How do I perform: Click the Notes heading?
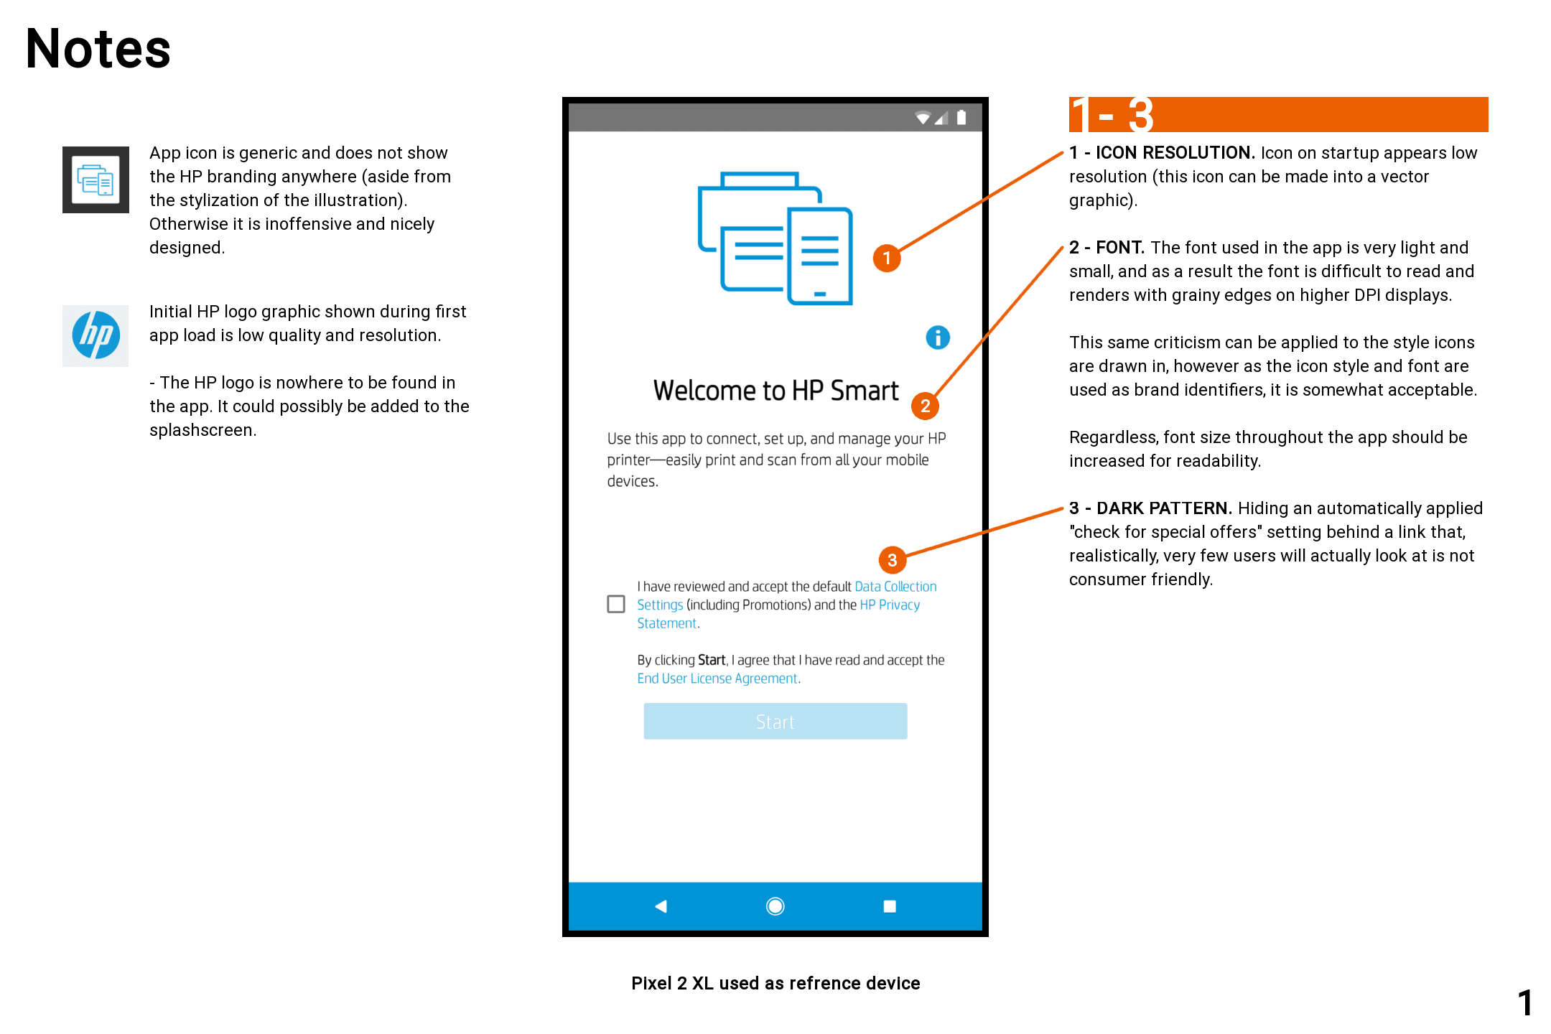[98, 49]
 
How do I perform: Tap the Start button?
[775, 722]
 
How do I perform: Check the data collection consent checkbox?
[616, 604]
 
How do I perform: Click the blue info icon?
[938, 337]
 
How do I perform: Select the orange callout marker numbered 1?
[887, 258]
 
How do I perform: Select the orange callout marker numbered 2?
[925, 406]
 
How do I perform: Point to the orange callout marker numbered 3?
[892, 560]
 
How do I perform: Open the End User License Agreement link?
[717, 679]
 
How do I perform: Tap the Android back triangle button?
[661, 906]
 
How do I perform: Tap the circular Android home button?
[775, 906]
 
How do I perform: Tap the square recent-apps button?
[890, 906]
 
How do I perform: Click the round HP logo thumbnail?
[96, 335]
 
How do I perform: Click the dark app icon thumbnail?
[96, 180]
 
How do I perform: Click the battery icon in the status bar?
[961, 118]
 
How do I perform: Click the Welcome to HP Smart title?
[775, 391]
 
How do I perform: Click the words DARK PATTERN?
[1164, 508]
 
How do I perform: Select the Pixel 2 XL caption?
[775, 983]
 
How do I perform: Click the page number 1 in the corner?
[1525, 1003]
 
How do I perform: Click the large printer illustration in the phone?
[775, 238]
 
